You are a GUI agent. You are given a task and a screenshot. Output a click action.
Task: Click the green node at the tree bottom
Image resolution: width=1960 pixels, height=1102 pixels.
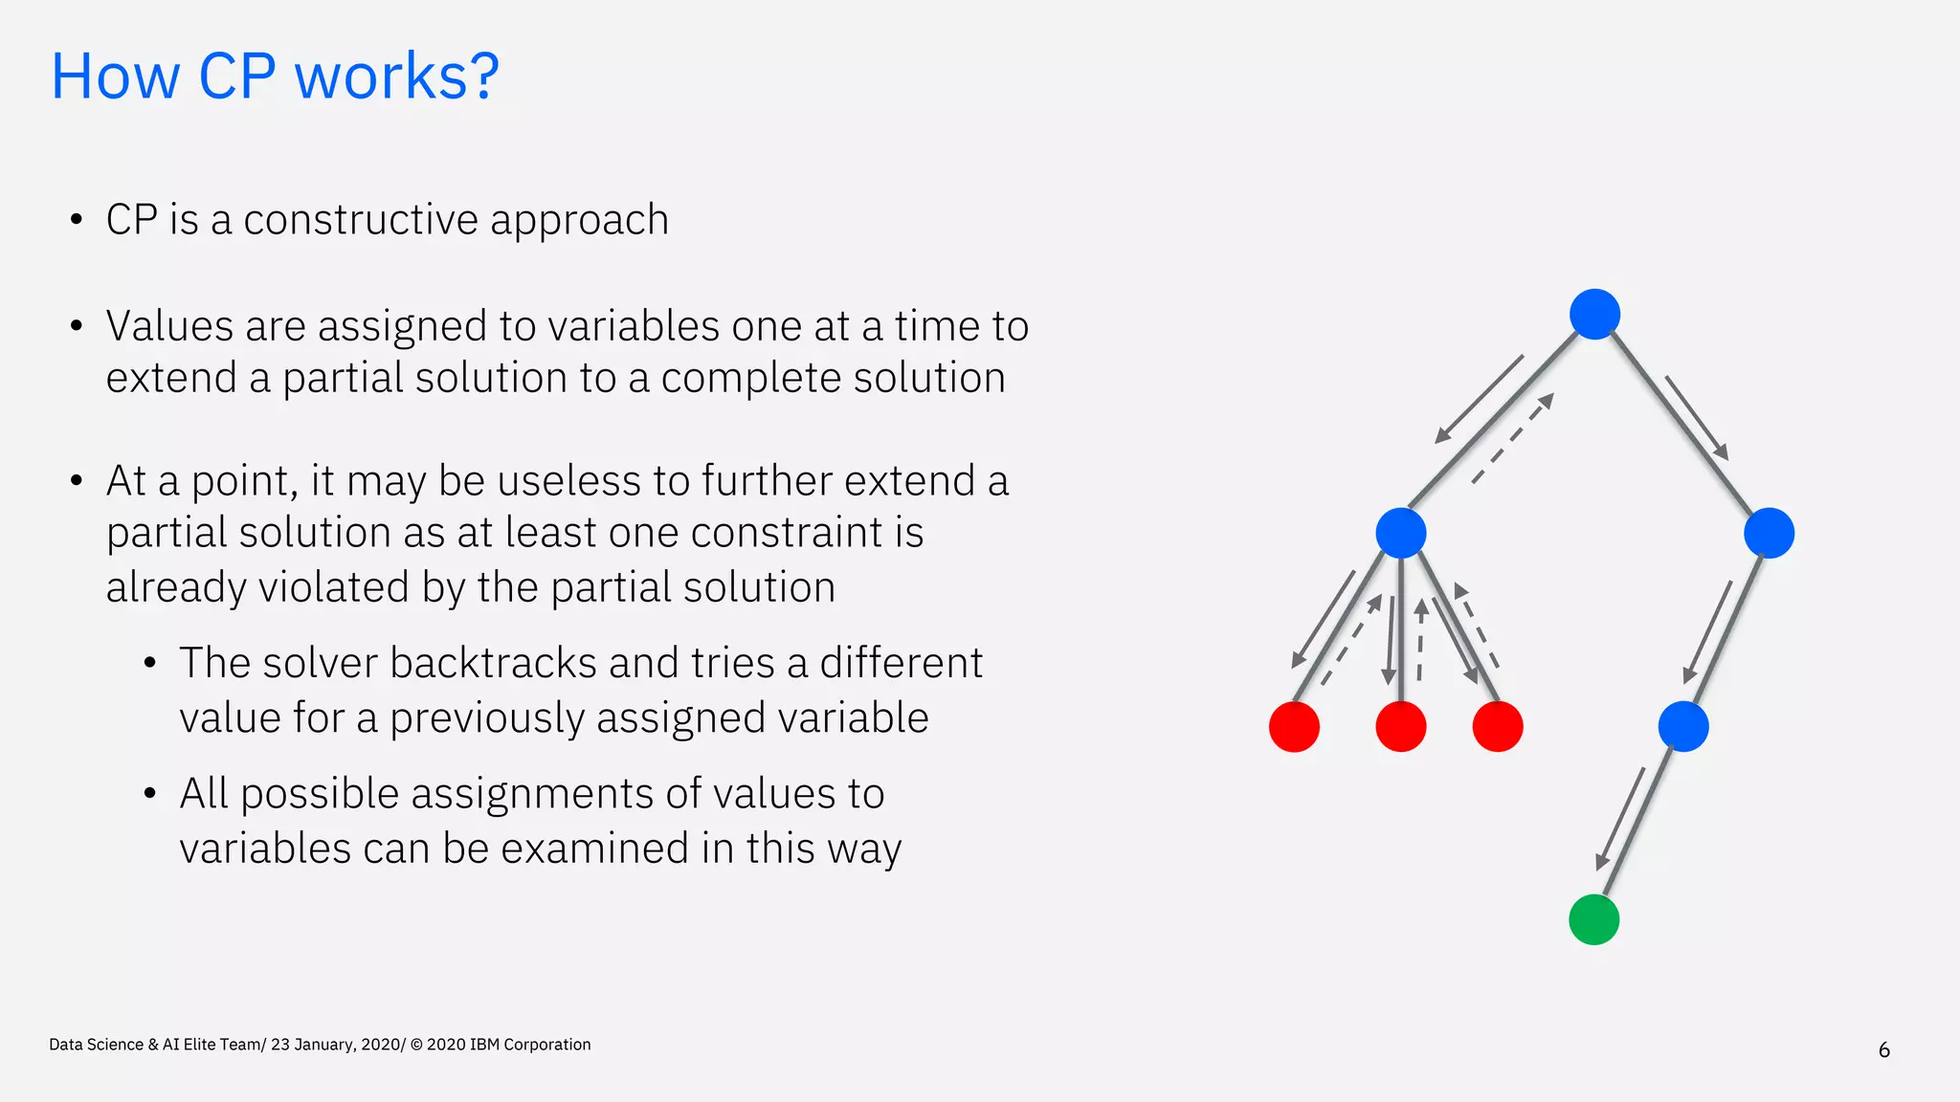pyautogui.click(x=1593, y=919)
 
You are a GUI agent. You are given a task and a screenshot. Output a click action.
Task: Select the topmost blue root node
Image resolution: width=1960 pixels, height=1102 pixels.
pyautogui.click(x=1594, y=314)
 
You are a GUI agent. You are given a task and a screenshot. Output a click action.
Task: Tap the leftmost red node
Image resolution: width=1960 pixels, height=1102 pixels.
pyautogui.click(x=1294, y=726)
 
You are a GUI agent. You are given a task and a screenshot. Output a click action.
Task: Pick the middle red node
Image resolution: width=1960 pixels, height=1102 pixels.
pyautogui.click(x=1400, y=726)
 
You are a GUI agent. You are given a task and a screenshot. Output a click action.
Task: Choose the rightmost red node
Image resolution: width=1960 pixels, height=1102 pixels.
pyautogui.click(x=1498, y=726)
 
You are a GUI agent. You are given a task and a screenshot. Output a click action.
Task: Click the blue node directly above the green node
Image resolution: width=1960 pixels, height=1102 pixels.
pyautogui.click(x=1682, y=726)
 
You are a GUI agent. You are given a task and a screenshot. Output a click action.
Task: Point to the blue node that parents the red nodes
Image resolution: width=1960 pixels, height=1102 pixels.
pyautogui.click(x=1400, y=533)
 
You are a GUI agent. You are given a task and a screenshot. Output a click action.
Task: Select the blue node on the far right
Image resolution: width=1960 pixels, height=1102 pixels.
pyautogui.click(x=1769, y=533)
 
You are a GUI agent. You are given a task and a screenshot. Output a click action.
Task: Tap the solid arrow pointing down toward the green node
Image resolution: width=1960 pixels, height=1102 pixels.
pyautogui.click(x=1619, y=819)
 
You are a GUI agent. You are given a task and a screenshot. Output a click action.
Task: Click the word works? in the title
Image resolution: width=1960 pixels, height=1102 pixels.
pyautogui.click(x=396, y=77)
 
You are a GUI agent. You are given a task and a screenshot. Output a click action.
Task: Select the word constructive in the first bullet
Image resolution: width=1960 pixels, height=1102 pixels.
pyautogui.click(x=360, y=220)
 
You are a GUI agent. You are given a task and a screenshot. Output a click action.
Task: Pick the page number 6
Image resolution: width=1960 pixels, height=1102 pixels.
pyautogui.click(x=1883, y=1050)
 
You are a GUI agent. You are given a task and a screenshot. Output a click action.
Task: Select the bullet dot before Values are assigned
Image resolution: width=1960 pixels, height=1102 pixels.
pyautogui.click(x=77, y=326)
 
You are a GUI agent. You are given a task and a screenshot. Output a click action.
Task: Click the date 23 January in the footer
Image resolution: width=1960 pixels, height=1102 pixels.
pyautogui.click(x=314, y=1045)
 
